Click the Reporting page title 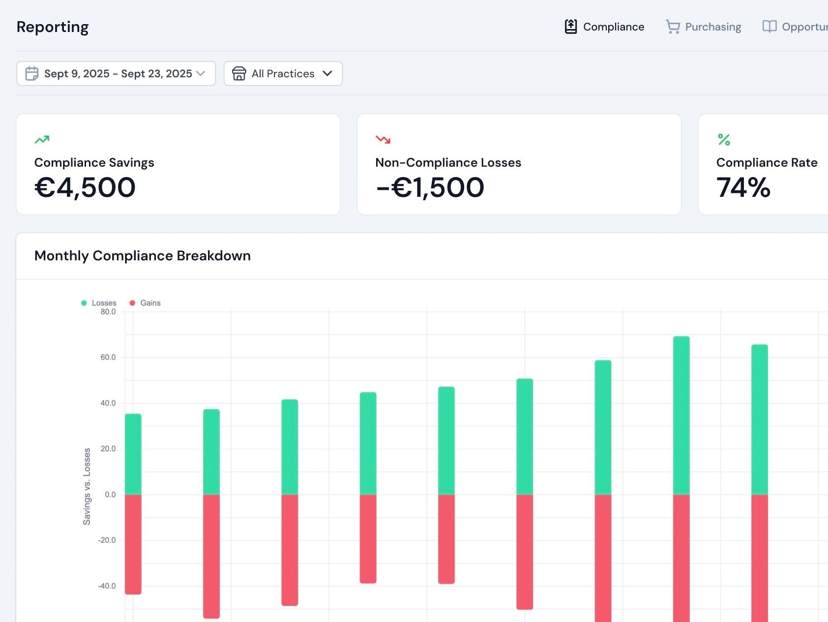[53, 27]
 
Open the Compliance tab [605, 27]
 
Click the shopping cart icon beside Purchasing [673, 27]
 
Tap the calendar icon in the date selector [32, 73]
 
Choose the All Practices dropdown [283, 73]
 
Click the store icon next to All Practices [239, 73]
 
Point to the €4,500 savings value [85, 187]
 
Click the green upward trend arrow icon [42, 140]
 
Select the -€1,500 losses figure [430, 187]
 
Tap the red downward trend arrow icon [383, 140]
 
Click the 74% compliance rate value [743, 187]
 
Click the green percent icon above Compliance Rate [724, 140]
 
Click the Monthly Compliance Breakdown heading [143, 255]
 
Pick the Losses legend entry [99, 303]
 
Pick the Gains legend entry [146, 303]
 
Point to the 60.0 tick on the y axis [108, 357]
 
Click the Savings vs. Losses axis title [87, 486]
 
